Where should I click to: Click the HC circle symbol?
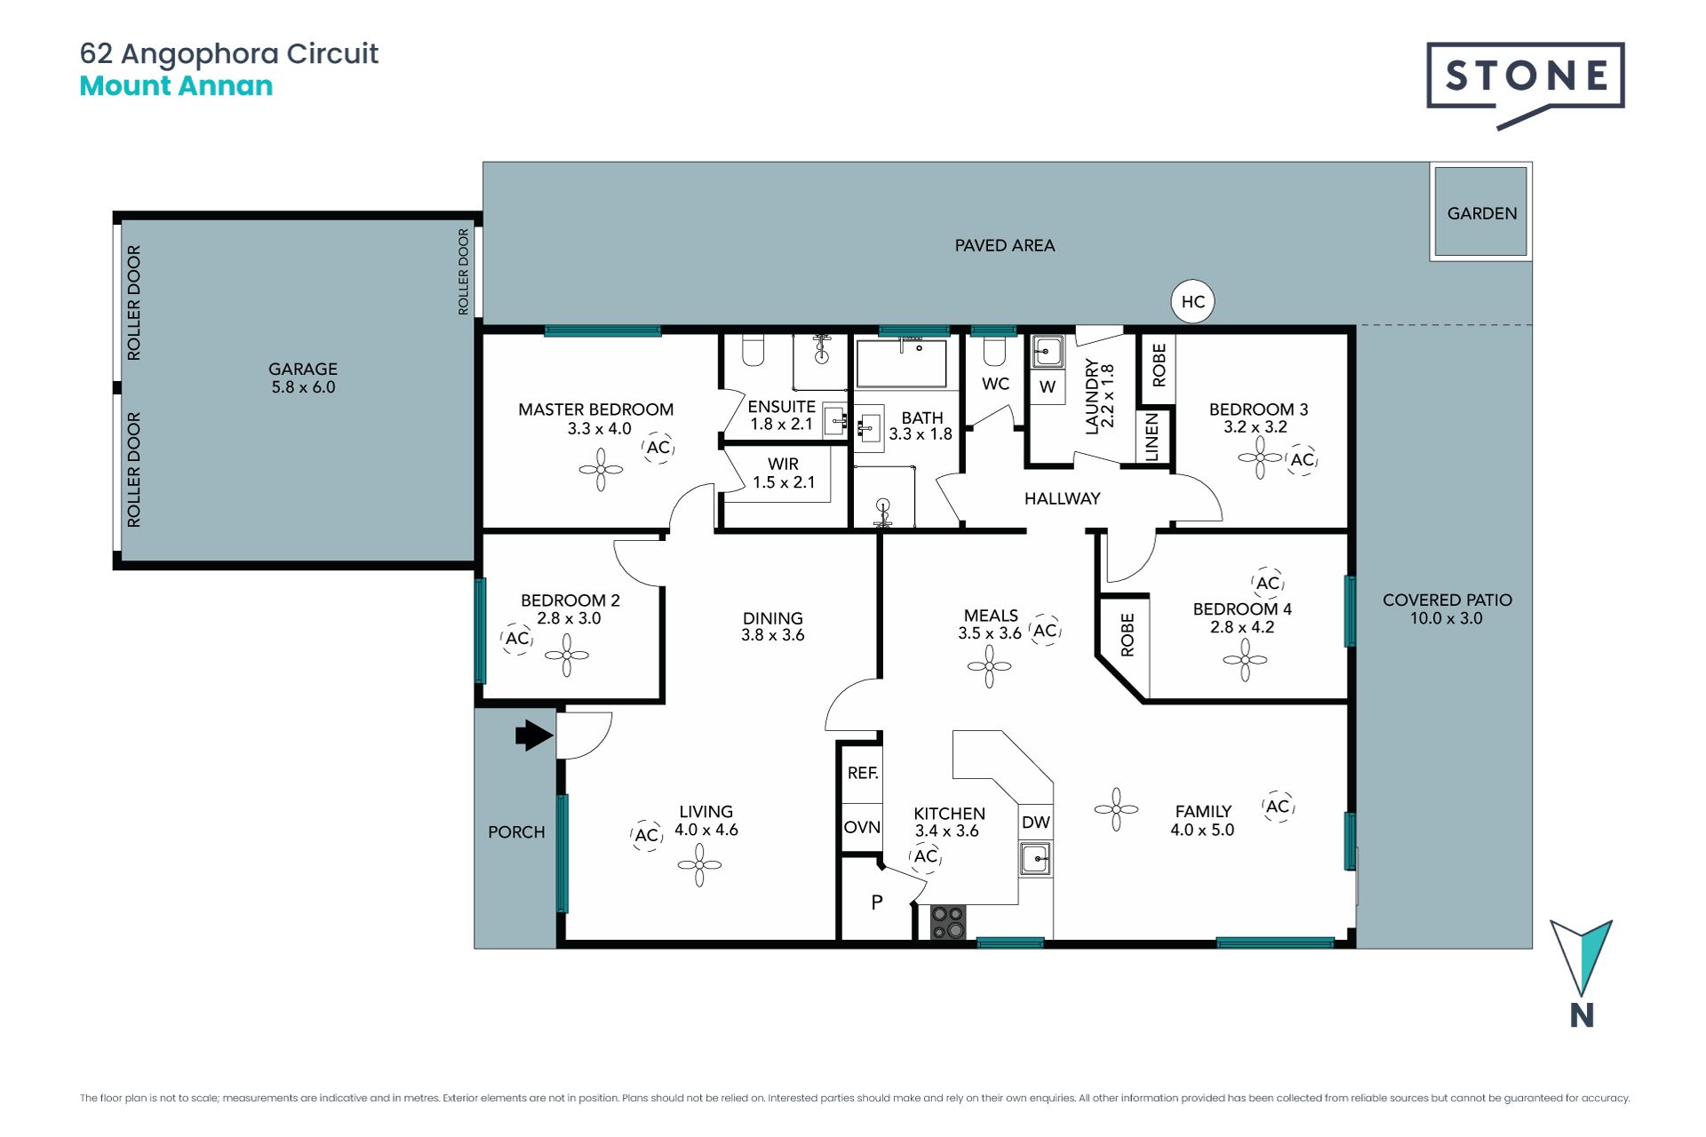click(1192, 302)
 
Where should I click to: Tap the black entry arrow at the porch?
click(534, 735)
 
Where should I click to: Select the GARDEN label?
click(1481, 213)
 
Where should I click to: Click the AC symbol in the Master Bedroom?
click(658, 448)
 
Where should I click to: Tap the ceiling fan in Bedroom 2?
click(567, 656)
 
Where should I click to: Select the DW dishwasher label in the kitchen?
click(1035, 823)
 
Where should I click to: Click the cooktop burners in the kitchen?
click(948, 922)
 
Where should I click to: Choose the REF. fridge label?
click(862, 773)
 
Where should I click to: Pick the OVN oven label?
click(862, 828)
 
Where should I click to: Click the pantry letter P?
click(877, 902)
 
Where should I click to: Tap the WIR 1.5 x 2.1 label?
click(783, 473)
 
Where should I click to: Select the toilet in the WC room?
click(994, 351)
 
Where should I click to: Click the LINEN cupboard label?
click(1152, 437)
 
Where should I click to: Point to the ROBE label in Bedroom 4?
click(1128, 634)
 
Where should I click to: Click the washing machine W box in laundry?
click(1048, 386)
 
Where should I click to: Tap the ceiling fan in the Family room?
click(1116, 809)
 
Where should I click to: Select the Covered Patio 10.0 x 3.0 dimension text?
click(1447, 618)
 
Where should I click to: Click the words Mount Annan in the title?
click(176, 86)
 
